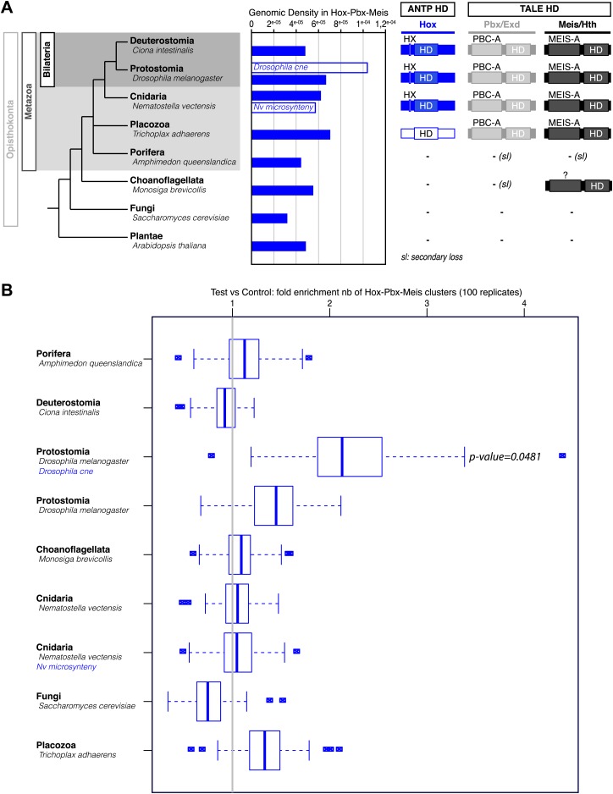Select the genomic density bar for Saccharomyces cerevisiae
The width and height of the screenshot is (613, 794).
(x=270, y=218)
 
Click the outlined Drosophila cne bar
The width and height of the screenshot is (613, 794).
(x=309, y=68)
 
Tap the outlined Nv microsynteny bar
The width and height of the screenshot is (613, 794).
(x=284, y=108)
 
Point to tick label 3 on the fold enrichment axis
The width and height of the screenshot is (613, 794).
(x=427, y=304)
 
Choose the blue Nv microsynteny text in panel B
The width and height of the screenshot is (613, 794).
(x=67, y=667)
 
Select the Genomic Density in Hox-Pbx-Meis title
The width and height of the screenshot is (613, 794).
(x=319, y=14)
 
